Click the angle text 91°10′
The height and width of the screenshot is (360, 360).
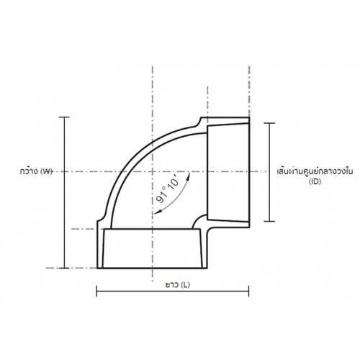(168, 189)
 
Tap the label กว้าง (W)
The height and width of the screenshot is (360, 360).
(36, 171)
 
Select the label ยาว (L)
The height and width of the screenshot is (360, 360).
(177, 284)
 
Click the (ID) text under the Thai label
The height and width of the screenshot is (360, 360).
(315, 181)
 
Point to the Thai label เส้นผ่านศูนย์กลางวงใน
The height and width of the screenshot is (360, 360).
(315, 171)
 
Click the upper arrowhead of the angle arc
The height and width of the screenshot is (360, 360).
(189, 175)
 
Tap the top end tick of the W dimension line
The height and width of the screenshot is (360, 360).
(64, 117)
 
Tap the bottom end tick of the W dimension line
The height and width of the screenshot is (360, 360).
(64, 268)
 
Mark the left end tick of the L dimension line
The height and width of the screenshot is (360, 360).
(96, 291)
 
